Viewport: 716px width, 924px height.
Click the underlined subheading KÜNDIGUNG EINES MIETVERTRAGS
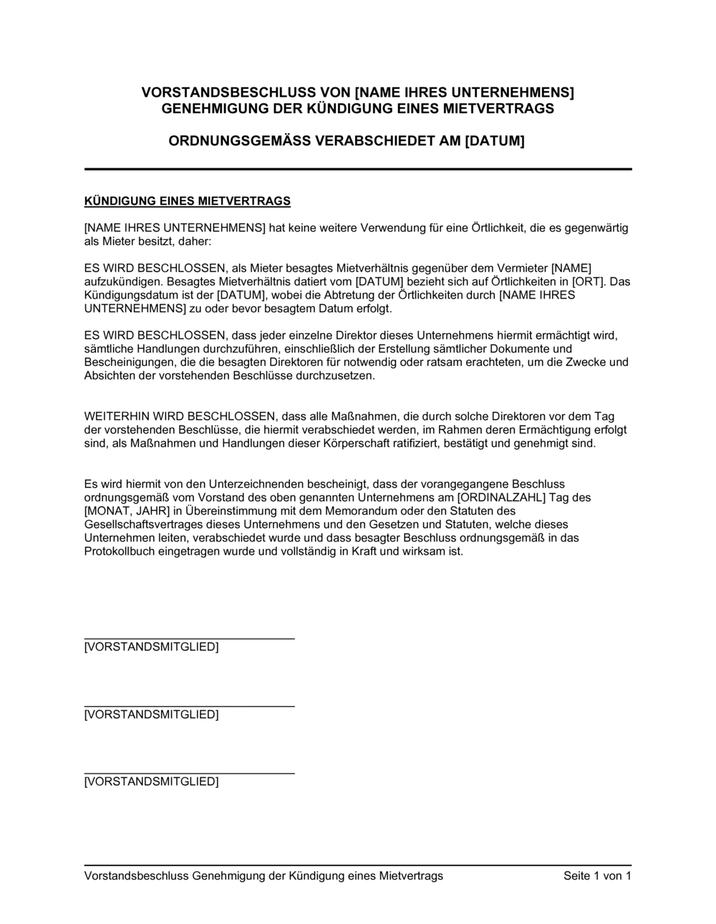188,201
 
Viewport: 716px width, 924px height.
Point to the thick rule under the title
358,169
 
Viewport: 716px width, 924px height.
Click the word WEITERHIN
115,416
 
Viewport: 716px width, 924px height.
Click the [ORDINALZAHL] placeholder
500,498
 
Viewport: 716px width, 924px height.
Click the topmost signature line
189,637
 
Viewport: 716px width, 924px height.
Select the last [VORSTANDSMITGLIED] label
151,781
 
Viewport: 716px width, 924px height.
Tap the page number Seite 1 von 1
597,876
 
